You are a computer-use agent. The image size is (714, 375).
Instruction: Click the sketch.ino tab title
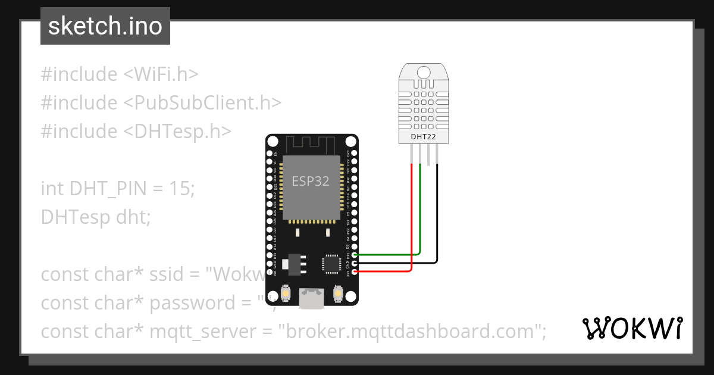(x=105, y=26)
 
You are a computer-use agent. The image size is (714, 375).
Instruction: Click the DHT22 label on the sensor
(x=422, y=137)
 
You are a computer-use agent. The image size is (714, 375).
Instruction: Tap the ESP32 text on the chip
(x=310, y=181)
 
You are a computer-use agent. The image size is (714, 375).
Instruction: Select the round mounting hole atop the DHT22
(x=423, y=72)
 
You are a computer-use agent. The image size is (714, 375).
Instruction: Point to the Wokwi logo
(x=632, y=329)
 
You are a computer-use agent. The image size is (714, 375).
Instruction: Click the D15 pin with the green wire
(x=355, y=255)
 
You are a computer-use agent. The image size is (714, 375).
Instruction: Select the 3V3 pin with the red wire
(x=355, y=271)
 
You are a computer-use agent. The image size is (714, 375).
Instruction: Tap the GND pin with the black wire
(x=355, y=263)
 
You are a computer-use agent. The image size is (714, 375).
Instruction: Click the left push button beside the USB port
(x=285, y=294)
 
